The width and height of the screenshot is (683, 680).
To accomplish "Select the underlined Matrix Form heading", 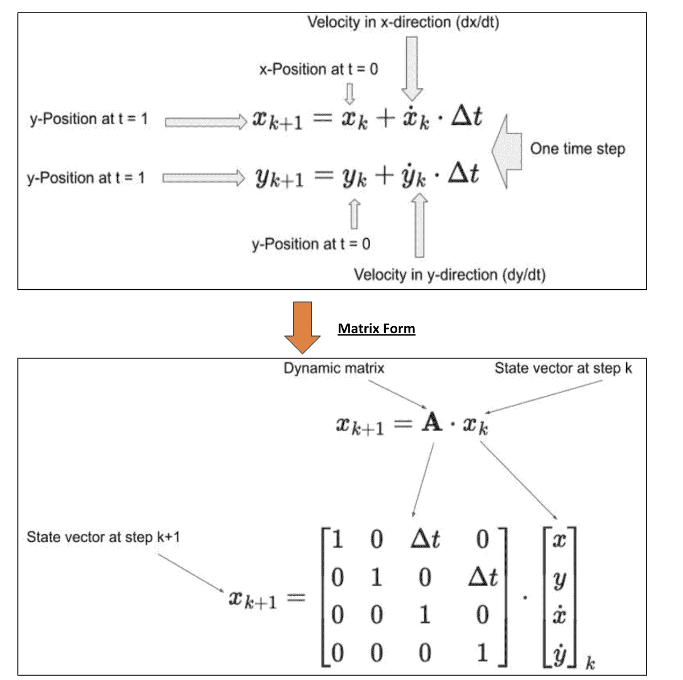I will coord(376,329).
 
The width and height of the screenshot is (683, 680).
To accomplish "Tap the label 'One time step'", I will coord(577,149).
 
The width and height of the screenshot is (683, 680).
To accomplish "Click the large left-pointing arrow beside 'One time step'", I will coord(506,151).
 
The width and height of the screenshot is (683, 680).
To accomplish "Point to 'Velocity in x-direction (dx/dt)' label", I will coord(403,23).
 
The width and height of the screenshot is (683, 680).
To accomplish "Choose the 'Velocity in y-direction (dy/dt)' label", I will coord(450,275).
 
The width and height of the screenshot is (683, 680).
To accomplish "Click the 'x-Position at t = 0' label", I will coord(318,69).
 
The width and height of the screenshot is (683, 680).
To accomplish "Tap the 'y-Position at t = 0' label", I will coord(311,244).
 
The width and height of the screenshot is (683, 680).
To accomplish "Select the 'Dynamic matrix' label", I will coord(334,368).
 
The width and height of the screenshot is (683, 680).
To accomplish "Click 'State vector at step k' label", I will coord(563,368).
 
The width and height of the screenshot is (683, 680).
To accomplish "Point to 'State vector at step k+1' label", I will coord(103,537).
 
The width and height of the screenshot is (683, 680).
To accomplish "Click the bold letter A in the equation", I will coord(432,423).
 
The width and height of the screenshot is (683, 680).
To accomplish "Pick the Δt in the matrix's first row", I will coord(425,538).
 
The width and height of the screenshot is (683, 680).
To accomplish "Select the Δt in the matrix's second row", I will coord(482,577).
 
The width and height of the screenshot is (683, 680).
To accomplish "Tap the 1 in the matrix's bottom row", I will coord(483,653).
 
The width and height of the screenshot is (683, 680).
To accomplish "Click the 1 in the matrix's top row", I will coord(338,538).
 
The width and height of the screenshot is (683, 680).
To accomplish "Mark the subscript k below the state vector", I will coord(590,663).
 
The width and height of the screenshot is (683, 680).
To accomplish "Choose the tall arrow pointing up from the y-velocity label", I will coord(419,226).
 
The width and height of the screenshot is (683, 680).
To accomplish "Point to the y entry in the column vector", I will coord(559,578).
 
